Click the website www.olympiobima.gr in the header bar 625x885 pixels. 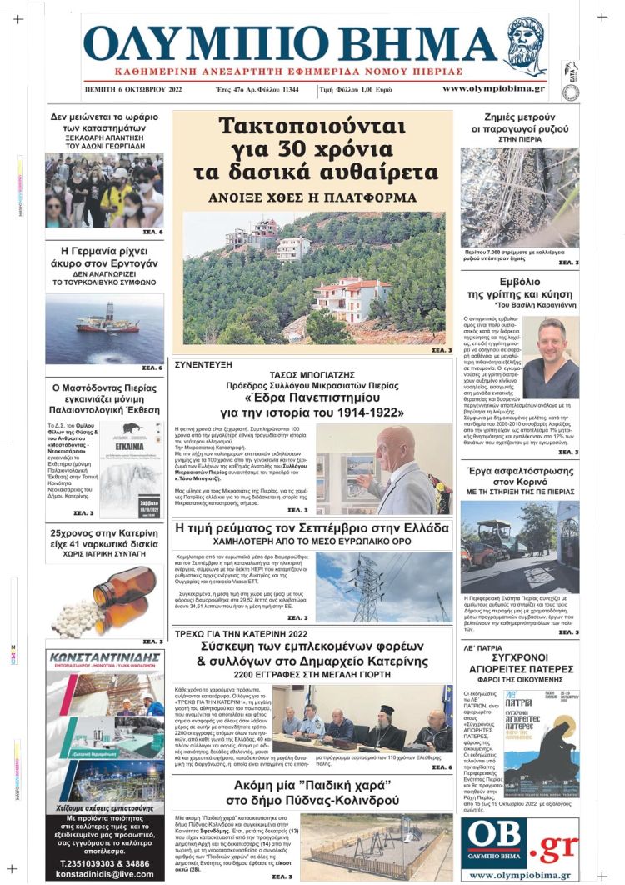[493, 88]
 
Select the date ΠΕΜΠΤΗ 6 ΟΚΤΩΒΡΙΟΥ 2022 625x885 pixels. [134, 88]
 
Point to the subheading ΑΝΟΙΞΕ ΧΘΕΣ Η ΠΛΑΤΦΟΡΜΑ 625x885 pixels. [312, 198]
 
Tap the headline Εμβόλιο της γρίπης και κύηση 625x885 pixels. [520, 288]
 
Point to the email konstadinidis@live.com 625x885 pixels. [104, 872]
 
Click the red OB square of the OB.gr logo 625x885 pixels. [497, 842]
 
